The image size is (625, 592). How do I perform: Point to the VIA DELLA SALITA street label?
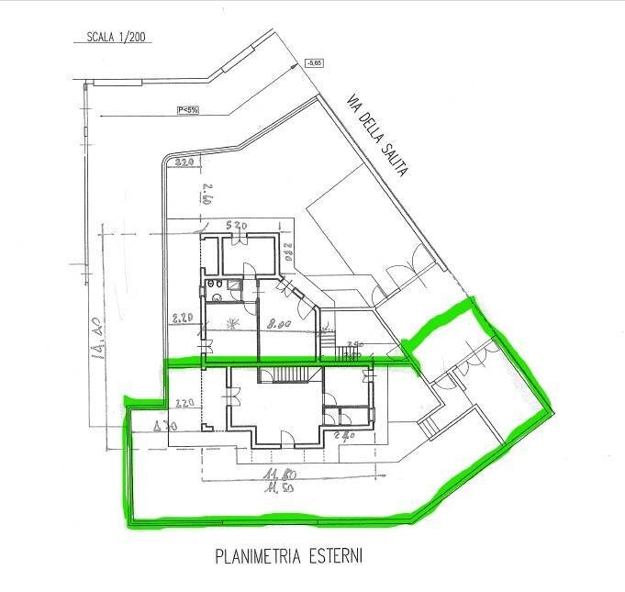click(377, 133)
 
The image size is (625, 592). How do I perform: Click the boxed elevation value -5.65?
click(315, 63)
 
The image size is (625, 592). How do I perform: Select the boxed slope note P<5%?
click(188, 110)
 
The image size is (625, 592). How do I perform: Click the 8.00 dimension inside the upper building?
click(279, 323)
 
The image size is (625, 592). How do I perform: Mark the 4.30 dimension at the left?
click(165, 424)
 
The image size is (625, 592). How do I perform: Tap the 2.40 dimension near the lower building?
click(347, 438)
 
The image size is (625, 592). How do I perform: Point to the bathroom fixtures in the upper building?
click(217, 294)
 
